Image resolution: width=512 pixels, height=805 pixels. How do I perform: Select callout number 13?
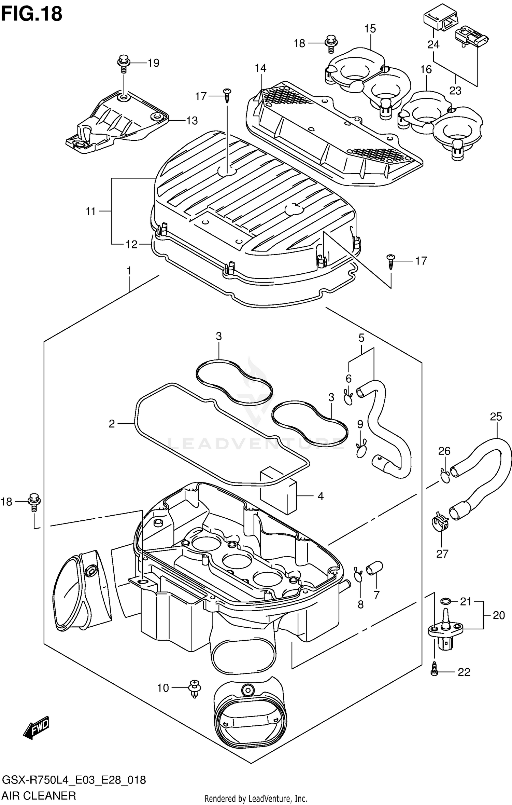tap(192, 121)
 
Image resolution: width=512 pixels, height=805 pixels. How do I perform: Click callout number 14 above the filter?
tap(260, 68)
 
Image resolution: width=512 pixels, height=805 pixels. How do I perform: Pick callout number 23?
tap(455, 91)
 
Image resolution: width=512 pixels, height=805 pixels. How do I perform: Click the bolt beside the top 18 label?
tap(330, 43)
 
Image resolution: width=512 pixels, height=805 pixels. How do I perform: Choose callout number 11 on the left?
tap(90, 212)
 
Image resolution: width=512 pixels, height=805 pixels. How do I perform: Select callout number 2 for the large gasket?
tap(112, 424)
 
